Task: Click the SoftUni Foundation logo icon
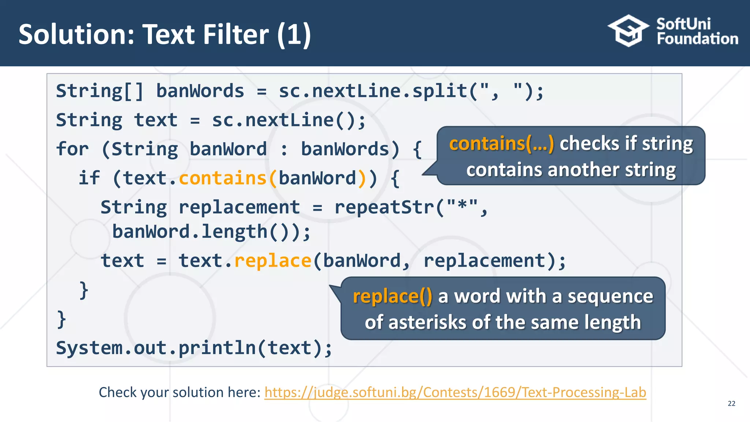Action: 628,31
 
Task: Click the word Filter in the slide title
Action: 236,34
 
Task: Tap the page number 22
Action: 731,403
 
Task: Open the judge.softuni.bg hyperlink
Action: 455,392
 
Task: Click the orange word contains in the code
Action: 223,178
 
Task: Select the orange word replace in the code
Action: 272,261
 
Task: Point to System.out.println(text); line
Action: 194,348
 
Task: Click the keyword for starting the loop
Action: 72,149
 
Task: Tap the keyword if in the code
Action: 89,178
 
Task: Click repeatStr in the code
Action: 385,207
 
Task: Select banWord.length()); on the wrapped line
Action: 211,232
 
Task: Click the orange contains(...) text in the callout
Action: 501,143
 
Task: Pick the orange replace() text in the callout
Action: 392,296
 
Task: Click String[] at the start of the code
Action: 100,91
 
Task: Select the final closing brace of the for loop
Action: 62,319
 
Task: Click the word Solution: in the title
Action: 77,34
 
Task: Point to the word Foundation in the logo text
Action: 697,39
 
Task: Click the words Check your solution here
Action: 179,392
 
